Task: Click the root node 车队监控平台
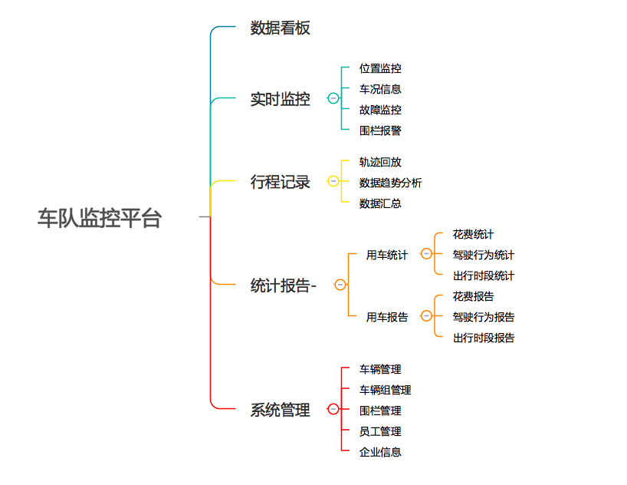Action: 100,218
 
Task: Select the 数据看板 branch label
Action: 280,28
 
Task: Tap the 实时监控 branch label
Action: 280,99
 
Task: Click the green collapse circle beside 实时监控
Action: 333,98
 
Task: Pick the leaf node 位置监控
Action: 380,68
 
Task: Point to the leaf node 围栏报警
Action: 380,130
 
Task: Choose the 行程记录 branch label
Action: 280,182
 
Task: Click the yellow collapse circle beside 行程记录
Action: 333,182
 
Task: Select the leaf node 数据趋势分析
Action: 390,183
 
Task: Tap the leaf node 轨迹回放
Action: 380,162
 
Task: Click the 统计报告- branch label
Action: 283,285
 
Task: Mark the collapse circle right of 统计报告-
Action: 340,285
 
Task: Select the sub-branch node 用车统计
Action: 387,255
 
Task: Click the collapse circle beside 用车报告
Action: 426,316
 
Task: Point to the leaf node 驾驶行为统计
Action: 483,255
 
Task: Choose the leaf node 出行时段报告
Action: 483,338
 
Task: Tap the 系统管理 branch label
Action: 280,410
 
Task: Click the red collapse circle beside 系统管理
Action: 333,409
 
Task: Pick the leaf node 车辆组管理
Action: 385,390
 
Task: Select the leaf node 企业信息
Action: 380,452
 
